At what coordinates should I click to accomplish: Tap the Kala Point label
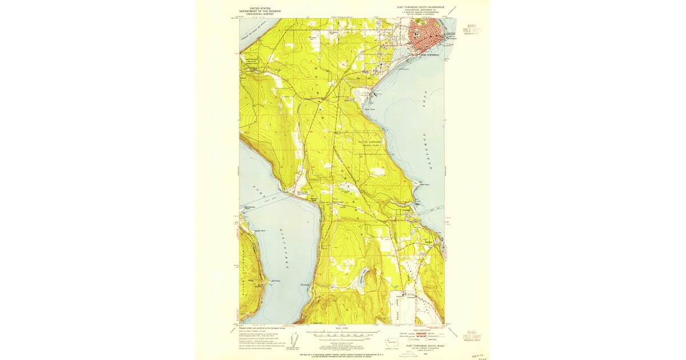tap(424, 185)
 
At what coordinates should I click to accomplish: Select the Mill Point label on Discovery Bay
tap(276, 281)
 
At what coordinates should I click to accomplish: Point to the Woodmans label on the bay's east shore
tap(304, 285)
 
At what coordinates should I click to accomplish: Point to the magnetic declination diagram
tap(295, 339)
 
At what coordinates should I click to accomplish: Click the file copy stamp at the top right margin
tap(471, 29)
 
